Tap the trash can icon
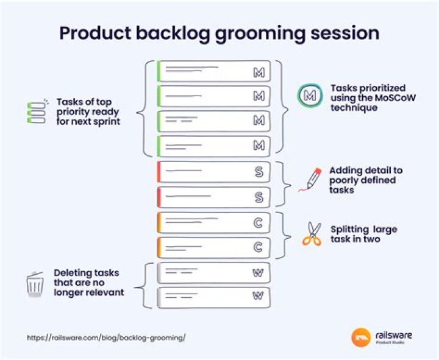pyautogui.click(x=35, y=284)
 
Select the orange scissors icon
pyautogui.click(x=312, y=234)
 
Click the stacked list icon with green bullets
pyautogui.click(x=37, y=112)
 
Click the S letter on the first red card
pyautogui.click(x=259, y=172)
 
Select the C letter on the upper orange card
pyautogui.click(x=259, y=222)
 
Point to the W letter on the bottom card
pyautogui.click(x=258, y=297)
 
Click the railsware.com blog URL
pyautogui.click(x=105, y=337)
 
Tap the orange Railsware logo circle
pyautogui.click(x=361, y=337)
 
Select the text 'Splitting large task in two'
pyautogui.click(x=363, y=234)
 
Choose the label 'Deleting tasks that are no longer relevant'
pyautogui.click(x=89, y=283)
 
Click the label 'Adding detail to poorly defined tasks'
pyautogui.click(x=366, y=180)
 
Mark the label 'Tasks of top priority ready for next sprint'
pyautogui.click(x=88, y=111)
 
